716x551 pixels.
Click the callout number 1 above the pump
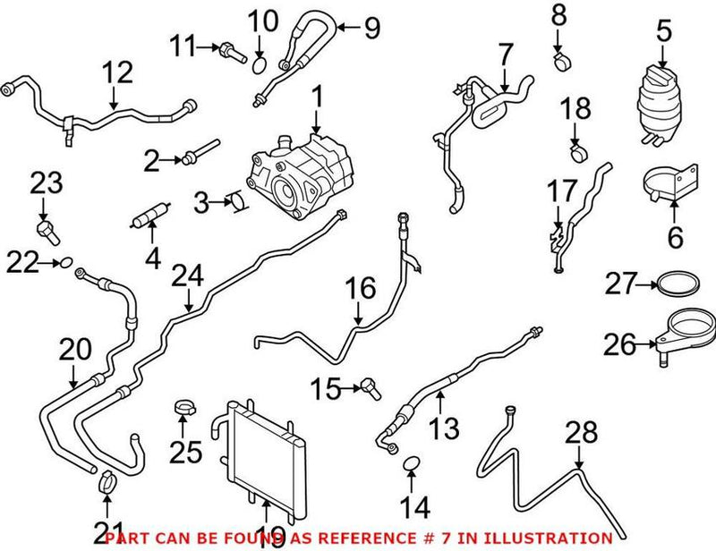tap(316, 95)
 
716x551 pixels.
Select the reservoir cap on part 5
tap(661, 75)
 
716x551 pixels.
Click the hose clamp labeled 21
tap(107, 484)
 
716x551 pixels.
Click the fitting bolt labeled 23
tap(47, 233)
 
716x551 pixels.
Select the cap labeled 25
tap(185, 411)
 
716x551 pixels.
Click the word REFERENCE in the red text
tap(386, 538)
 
